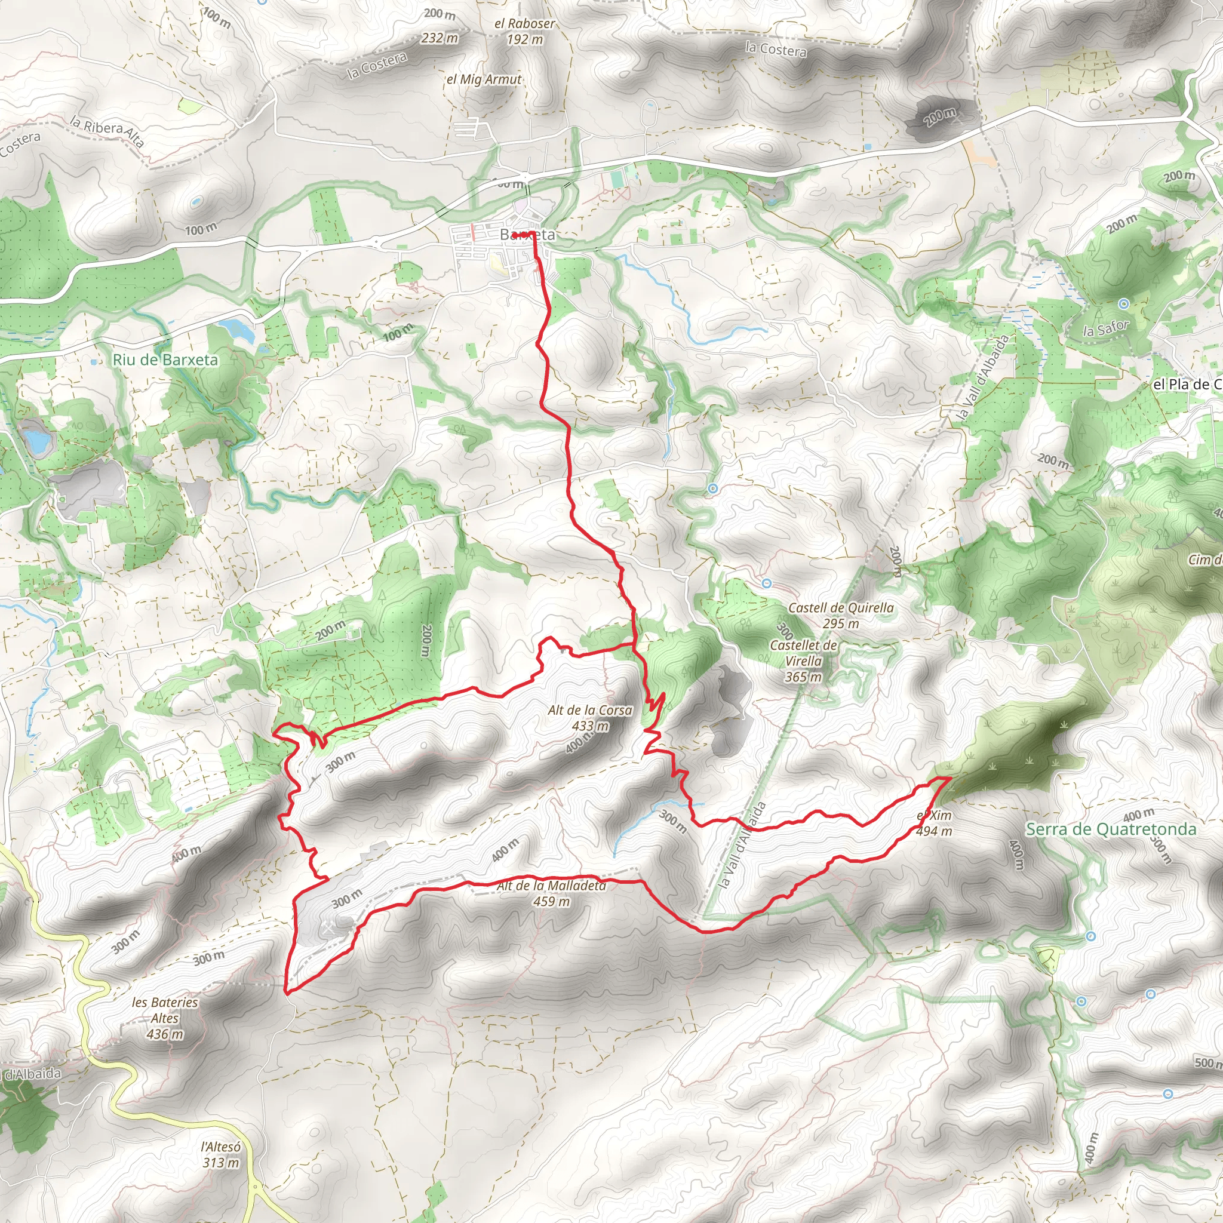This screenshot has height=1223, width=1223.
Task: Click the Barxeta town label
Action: (x=527, y=235)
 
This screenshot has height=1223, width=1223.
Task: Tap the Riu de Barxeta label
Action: (x=165, y=359)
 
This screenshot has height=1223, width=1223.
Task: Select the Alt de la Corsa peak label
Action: (x=590, y=718)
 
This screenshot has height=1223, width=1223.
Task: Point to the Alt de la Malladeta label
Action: (x=551, y=893)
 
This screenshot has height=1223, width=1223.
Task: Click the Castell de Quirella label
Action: (x=841, y=615)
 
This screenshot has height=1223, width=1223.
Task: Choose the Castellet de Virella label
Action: (x=803, y=661)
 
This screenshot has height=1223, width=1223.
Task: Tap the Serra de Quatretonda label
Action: (x=1111, y=829)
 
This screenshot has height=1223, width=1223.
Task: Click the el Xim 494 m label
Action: (x=935, y=823)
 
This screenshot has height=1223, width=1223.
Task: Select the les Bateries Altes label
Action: (x=165, y=1018)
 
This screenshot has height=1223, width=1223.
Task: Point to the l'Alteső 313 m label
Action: (x=221, y=1155)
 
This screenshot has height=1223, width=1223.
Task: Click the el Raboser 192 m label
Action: (x=525, y=31)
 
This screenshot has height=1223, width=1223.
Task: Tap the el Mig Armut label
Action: (x=484, y=80)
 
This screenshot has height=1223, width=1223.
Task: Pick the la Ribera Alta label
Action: (x=107, y=131)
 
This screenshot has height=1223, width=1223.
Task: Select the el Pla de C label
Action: (x=1187, y=384)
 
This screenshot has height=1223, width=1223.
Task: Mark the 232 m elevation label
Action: (x=440, y=38)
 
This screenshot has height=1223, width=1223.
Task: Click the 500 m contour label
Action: (x=1206, y=1063)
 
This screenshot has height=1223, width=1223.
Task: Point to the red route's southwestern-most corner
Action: (x=286, y=992)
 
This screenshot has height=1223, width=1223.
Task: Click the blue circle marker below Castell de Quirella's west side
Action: (x=767, y=583)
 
